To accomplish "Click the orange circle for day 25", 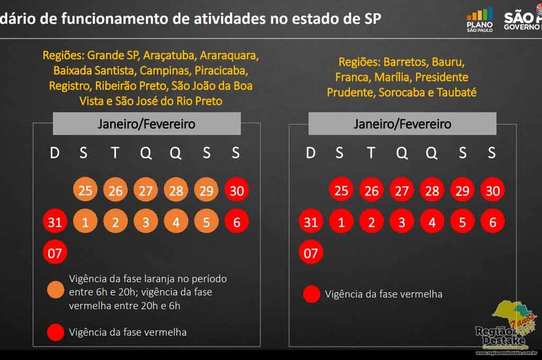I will [85, 190].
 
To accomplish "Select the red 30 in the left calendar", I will [237, 190].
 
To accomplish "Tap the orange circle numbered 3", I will [146, 222].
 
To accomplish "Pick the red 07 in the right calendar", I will [311, 253].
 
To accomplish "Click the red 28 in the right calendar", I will [432, 190].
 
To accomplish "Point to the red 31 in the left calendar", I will [55, 222].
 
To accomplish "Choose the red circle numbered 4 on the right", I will [432, 222].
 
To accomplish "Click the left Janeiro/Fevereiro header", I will [147, 124].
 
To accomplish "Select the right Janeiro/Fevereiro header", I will [402, 124].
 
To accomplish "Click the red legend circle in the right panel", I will [312, 294].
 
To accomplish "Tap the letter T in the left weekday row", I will [115, 153].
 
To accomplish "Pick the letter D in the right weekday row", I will [311, 153].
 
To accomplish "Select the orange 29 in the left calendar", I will [206, 190].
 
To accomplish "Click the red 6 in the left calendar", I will [237, 222].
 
